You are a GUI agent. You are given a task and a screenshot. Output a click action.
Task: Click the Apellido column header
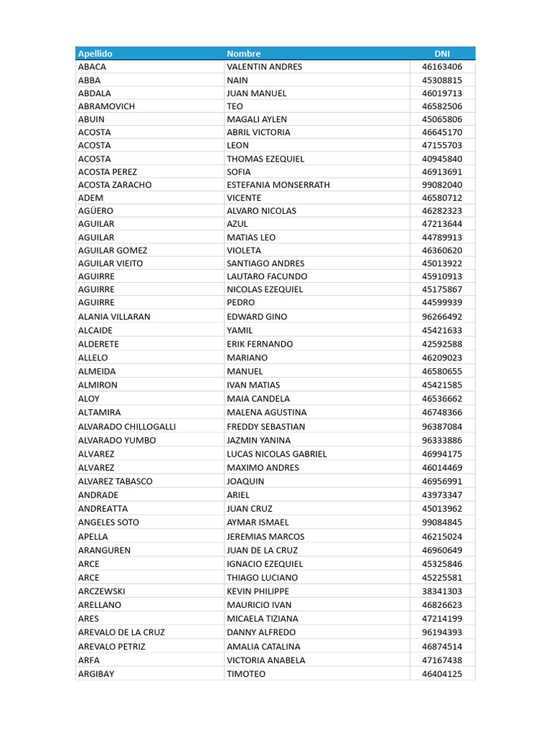pyautogui.click(x=95, y=54)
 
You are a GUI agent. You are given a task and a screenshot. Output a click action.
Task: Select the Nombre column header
pyautogui.click(x=244, y=54)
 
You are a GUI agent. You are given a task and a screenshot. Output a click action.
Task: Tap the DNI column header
pyautogui.click(x=442, y=54)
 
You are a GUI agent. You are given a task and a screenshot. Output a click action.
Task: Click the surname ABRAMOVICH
pyautogui.click(x=106, y=106)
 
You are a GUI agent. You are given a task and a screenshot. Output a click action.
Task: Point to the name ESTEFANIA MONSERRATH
pyautogui.click(x=278, y=184)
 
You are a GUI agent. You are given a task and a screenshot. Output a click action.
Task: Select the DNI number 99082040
pyautogui.click(x=442, y=184)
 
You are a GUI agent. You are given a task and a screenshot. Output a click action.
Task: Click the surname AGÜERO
pyautogui.click(x=95, y=211)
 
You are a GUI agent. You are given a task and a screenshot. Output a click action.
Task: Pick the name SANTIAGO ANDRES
pyautogui.click(x=265, y=263)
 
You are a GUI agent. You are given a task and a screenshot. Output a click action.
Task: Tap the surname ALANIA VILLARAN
pyautogui.click(x=114, y=317)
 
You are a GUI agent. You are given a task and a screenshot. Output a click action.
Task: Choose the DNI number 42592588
pyautogui.click(x=442, y=345)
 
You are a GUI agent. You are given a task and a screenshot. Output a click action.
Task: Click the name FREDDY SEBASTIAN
pyautogui.click(x=265, y=426)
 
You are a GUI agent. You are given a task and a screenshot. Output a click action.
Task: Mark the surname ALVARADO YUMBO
pyautogui.click(x=116, y=440)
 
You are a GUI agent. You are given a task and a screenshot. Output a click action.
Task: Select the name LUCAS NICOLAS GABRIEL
pyautogui.click(x=276, y=454)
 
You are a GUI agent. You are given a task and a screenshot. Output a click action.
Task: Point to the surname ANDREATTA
pyautogui.click(x=103, y=509)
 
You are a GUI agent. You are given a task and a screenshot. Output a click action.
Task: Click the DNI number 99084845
pyautogui.click(x=442, y=523)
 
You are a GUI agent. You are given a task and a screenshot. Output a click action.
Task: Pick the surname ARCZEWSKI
pyautogui.click(x=101, y=591)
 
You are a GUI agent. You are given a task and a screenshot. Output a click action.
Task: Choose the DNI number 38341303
pyautogui.click(x=442, y=591)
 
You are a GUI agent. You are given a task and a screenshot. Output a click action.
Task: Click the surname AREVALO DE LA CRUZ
pyautogui.click(x=121, y=632)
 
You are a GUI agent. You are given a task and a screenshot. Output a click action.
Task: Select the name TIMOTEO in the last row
pyautogui.click(x=246, y=674)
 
